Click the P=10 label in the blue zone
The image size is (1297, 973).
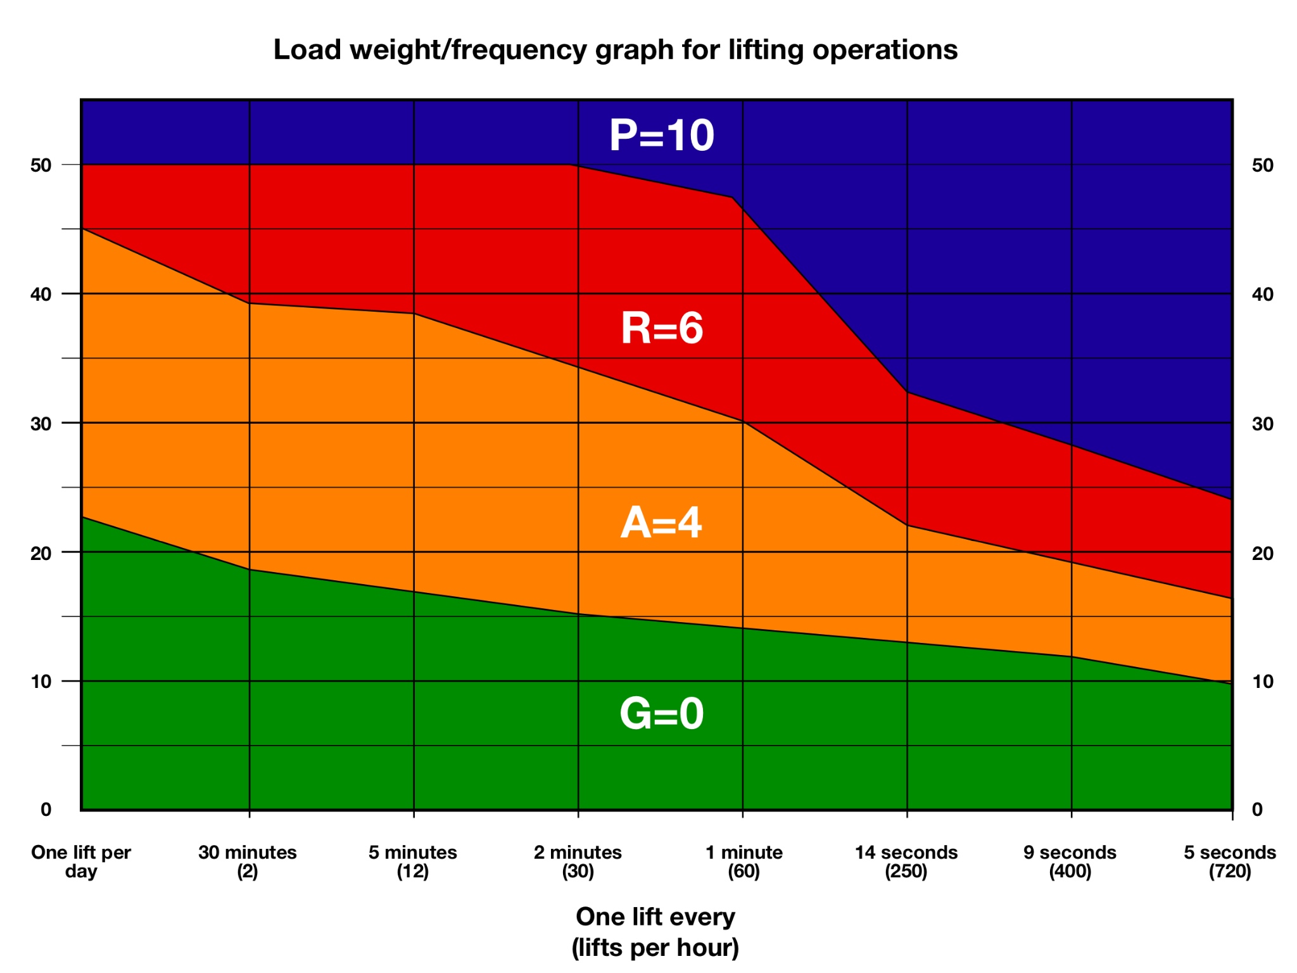(661, 135)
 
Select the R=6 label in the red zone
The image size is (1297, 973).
(661, 328)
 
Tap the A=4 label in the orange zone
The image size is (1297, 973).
(661, 523)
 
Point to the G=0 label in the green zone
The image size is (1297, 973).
(661, 713)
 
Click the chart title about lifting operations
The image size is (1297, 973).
(615, 49)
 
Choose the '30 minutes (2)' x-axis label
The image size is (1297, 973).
(248, 862)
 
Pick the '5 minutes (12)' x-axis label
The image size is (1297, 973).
(413, 862)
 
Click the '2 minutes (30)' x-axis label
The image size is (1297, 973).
(578, 862)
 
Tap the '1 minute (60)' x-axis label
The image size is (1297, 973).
(743, 862)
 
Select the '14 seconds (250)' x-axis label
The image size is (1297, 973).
(906, 862)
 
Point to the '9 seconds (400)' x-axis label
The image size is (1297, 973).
(1070, 862)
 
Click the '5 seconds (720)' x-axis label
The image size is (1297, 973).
(1230, 862)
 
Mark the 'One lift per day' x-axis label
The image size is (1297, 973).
(81, 862)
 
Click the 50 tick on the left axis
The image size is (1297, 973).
(41, 165)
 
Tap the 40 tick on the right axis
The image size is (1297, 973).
(1262, 295)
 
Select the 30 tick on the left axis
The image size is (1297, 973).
(41, 424)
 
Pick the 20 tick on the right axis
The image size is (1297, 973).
(1262, 554)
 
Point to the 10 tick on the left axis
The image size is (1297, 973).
(41, 682)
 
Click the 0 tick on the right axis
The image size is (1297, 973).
(1257, 810)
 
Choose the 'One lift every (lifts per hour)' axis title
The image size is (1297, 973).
(655, 932)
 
